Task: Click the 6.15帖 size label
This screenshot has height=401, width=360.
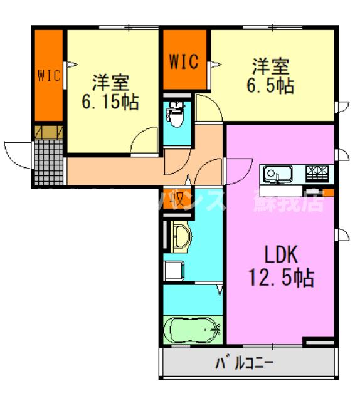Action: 110,102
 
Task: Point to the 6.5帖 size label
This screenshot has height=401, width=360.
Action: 271,85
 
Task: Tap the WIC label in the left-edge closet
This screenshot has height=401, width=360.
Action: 48,76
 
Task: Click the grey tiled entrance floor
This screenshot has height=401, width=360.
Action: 49,161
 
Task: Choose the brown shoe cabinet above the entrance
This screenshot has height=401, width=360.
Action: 49,132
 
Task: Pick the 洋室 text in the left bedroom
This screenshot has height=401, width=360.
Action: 110,81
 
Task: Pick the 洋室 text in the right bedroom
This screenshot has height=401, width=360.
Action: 271,65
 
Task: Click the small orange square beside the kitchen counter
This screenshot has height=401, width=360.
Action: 327,192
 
